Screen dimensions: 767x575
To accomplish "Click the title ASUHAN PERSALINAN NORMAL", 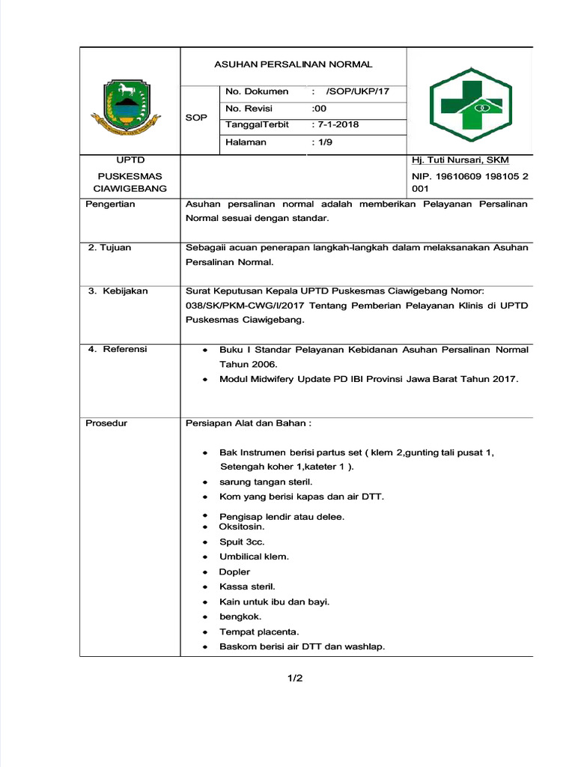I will click(x=293, y=64).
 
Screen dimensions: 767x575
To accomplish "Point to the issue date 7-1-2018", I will click(x=338, y=124).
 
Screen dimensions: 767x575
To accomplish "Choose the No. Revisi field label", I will click(x=249, y=108).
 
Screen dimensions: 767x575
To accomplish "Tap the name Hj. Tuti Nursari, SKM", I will click(x=460, y=160).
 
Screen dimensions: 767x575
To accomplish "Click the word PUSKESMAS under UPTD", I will click(x=130, y=176).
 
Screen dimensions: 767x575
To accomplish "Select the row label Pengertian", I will click(x=110, y=204).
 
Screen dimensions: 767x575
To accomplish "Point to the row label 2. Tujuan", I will click(x=109, y=248).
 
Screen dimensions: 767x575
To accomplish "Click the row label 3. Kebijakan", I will click(x=118, y=291).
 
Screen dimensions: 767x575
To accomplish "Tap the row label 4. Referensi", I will click(x=118, y=349).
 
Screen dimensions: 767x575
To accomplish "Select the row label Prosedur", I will click(x=106, y=423).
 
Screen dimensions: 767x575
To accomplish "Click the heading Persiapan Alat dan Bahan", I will click(x=248, y=423).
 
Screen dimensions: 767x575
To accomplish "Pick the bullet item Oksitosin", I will click(x=241, y=527).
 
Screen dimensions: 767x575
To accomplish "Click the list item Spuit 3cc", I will click(x=241, y=542).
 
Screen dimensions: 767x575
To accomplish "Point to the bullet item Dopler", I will click(x=234, y=572).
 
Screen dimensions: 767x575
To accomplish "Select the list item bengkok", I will click(x=240, y=616).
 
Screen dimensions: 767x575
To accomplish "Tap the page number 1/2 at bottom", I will click(x=295, y=679).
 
